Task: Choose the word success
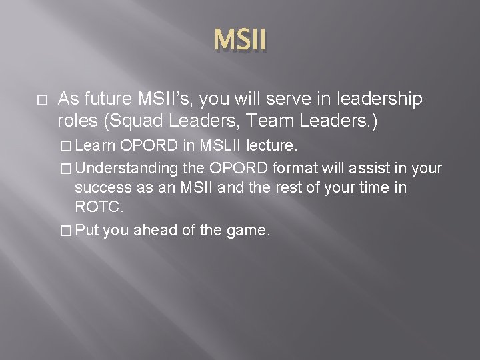click(101, 187)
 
